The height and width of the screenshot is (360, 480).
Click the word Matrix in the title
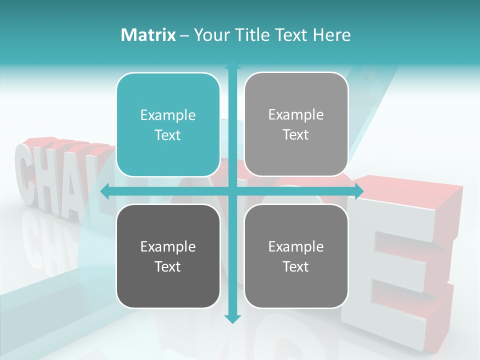[148, 35]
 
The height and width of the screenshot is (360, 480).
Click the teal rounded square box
[168, 124]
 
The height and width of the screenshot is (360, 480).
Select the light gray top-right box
[296, 124]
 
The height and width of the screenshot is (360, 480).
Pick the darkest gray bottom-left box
[168, 256]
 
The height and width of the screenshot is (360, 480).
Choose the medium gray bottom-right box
[296, 256]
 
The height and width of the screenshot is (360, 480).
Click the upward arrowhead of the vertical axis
[232, 66]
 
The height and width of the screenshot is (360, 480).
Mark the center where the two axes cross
[232, 191]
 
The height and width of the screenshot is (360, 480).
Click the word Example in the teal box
[168, 115]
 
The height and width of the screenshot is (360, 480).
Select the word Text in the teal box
[168, 135]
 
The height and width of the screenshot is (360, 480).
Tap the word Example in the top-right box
[296, 115]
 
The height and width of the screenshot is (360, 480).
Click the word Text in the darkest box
[168, 266]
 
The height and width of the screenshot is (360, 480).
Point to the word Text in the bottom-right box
[296, 266]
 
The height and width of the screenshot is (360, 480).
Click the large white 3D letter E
[400, 260]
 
